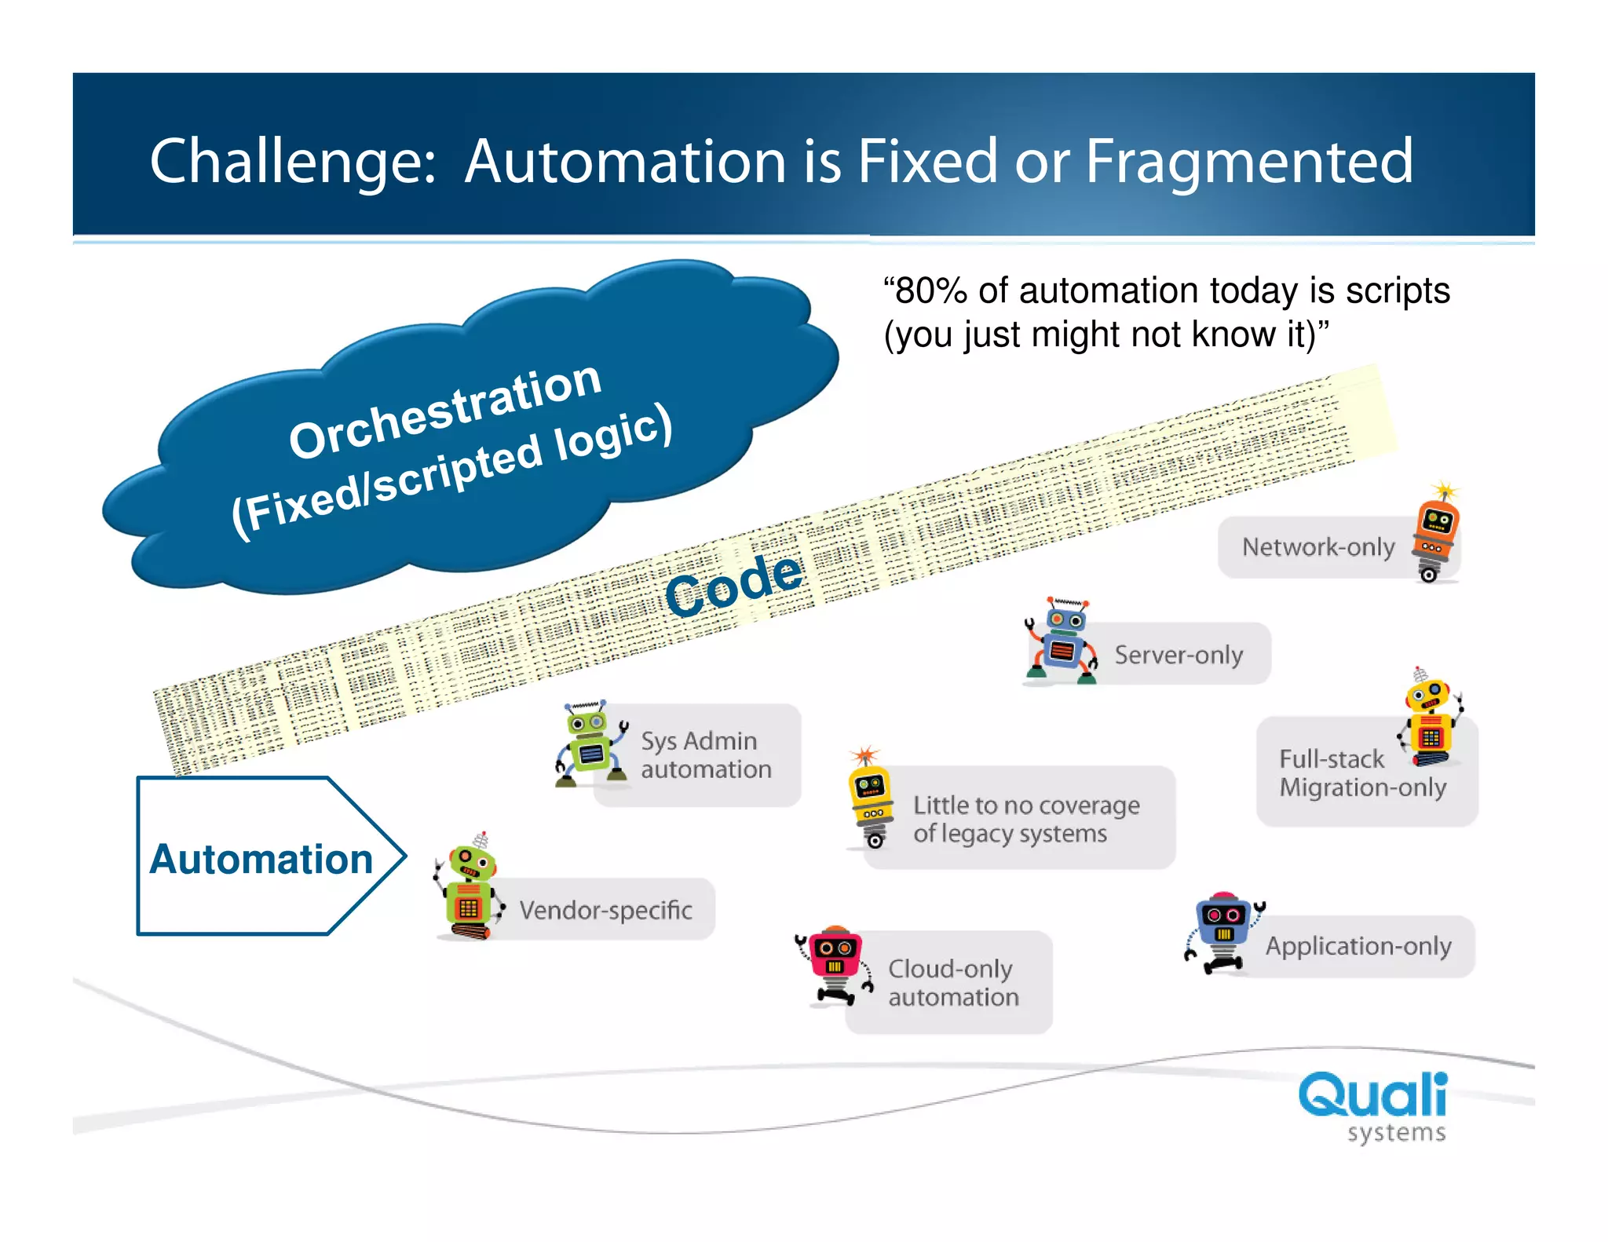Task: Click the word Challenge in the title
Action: click(x=291, y=163)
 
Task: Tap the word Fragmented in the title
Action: click(x=1248, y=163)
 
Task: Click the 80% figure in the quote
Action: click(x=931, y=291)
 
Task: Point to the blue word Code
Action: click(x=734, y=584)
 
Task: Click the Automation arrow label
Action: click(x=261, y=858)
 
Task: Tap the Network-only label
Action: click(x=1317, y=547)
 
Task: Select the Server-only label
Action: click(x=1178, y=655)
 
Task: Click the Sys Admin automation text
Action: click(x=705, y=754)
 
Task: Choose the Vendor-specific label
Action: click(x=605, y=910)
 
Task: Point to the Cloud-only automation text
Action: click(x=952, y=982)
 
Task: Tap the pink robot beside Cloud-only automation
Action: click(x=835, y=964)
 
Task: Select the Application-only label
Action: click(x=1358, y=946)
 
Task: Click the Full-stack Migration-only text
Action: click(x=1361, y=773)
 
